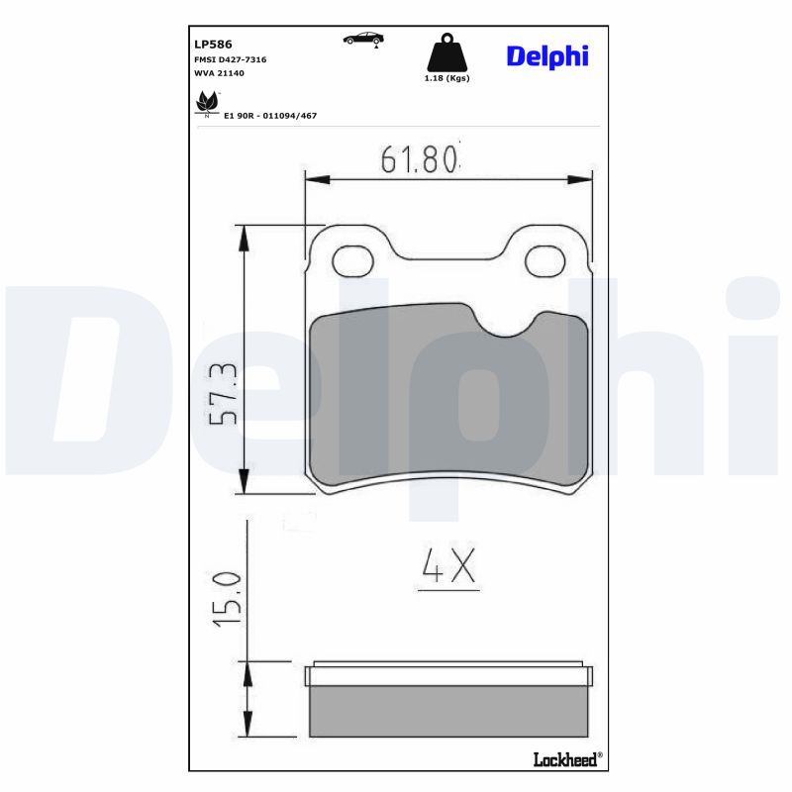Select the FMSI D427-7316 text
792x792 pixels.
(x=231, y=59)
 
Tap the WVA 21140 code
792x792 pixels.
(x=219, y=73)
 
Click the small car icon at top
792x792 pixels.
(x=362, y=39)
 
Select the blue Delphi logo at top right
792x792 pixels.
(x=547, y=55)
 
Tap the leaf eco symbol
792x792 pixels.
(x=207, y=102)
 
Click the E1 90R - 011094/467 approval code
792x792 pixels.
(x=270, y=116)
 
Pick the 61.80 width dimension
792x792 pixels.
(x=420, y=158)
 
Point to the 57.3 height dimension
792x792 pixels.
(x=225, y=393)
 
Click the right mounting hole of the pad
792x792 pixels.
(x=543, y=261)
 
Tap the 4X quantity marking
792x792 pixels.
(x=449, y=566)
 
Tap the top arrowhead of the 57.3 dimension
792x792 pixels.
(x=245, y=233)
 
